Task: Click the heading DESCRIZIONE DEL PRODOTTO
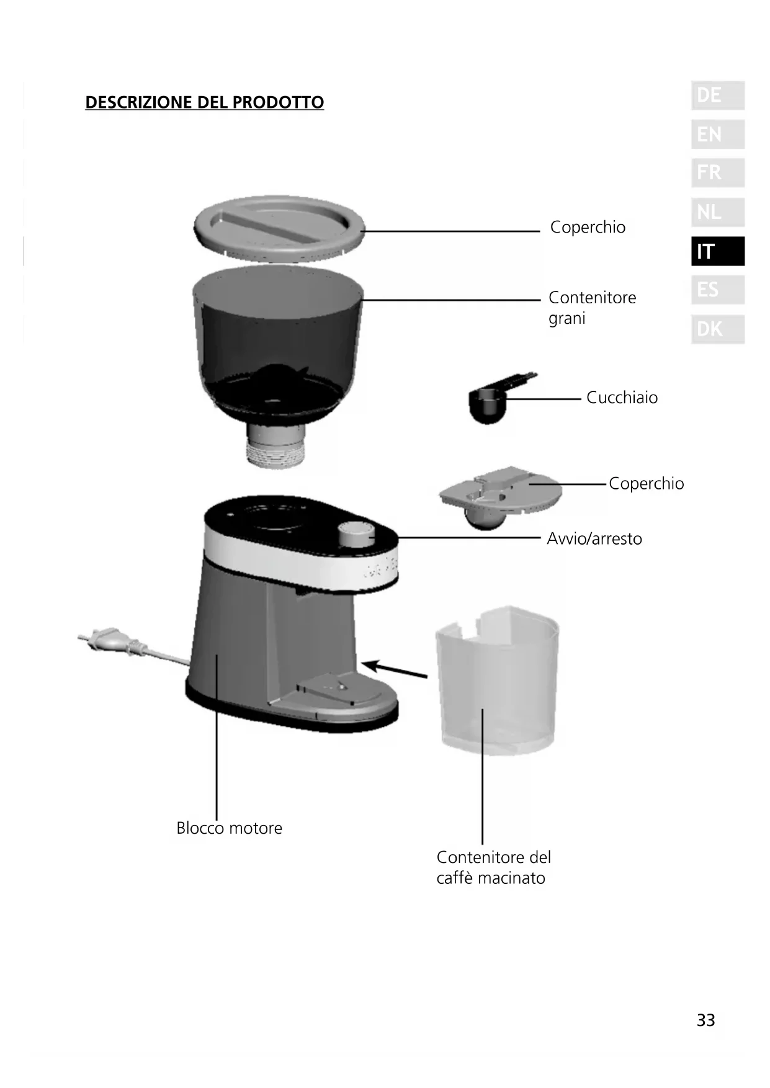[204, 102]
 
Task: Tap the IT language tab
[717, 251]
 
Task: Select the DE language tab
[717, 96]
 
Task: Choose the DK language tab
[717, 329]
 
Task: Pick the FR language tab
[717, 172]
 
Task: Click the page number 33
[705, 1020]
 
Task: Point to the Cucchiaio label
[622, 398]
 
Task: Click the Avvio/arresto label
[594, 538]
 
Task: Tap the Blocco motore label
[229, 828]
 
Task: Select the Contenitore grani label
[592, 308]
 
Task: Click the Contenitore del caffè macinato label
[493, 867]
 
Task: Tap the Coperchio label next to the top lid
[588, 227]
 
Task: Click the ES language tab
[717, 290]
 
